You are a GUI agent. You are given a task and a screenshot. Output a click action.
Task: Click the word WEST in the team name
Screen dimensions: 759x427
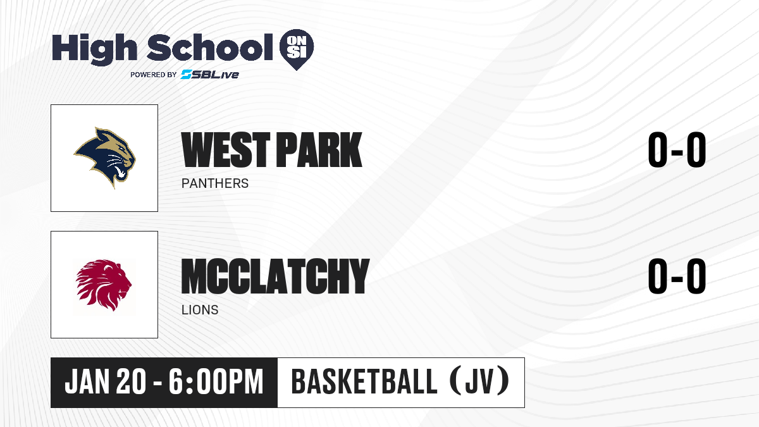pos(226,150)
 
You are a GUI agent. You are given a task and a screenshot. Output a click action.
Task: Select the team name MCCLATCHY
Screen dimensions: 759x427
pos(275,276)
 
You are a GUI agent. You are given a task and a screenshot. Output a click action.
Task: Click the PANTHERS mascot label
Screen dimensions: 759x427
pos(215,183)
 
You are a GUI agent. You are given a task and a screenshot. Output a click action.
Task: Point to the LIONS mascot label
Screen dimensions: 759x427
pos(200,310)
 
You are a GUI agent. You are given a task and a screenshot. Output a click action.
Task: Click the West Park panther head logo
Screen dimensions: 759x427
pos(105,158)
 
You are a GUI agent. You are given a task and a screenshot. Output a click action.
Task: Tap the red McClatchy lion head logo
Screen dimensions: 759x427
pos(104,285)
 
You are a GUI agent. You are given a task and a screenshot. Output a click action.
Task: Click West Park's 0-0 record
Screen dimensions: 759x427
pos(677,150)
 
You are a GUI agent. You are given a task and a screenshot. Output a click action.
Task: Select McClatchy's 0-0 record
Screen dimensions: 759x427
pos(677,276)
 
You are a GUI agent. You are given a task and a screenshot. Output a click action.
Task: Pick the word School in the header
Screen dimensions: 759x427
pos(210,47)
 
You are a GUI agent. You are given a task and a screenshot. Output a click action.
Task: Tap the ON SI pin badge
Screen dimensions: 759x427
pos(297,49)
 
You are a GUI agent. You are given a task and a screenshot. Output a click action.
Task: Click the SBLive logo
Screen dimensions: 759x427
pos(209,75)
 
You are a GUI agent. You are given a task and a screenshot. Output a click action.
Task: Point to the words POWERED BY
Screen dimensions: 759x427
pos(154,75)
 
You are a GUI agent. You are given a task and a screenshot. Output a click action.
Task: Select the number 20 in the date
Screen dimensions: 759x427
pos(132,382)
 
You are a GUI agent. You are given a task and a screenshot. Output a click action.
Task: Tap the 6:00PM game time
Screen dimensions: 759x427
pos(216,382)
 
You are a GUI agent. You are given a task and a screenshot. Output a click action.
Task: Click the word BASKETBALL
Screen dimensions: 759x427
pos(364,382)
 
